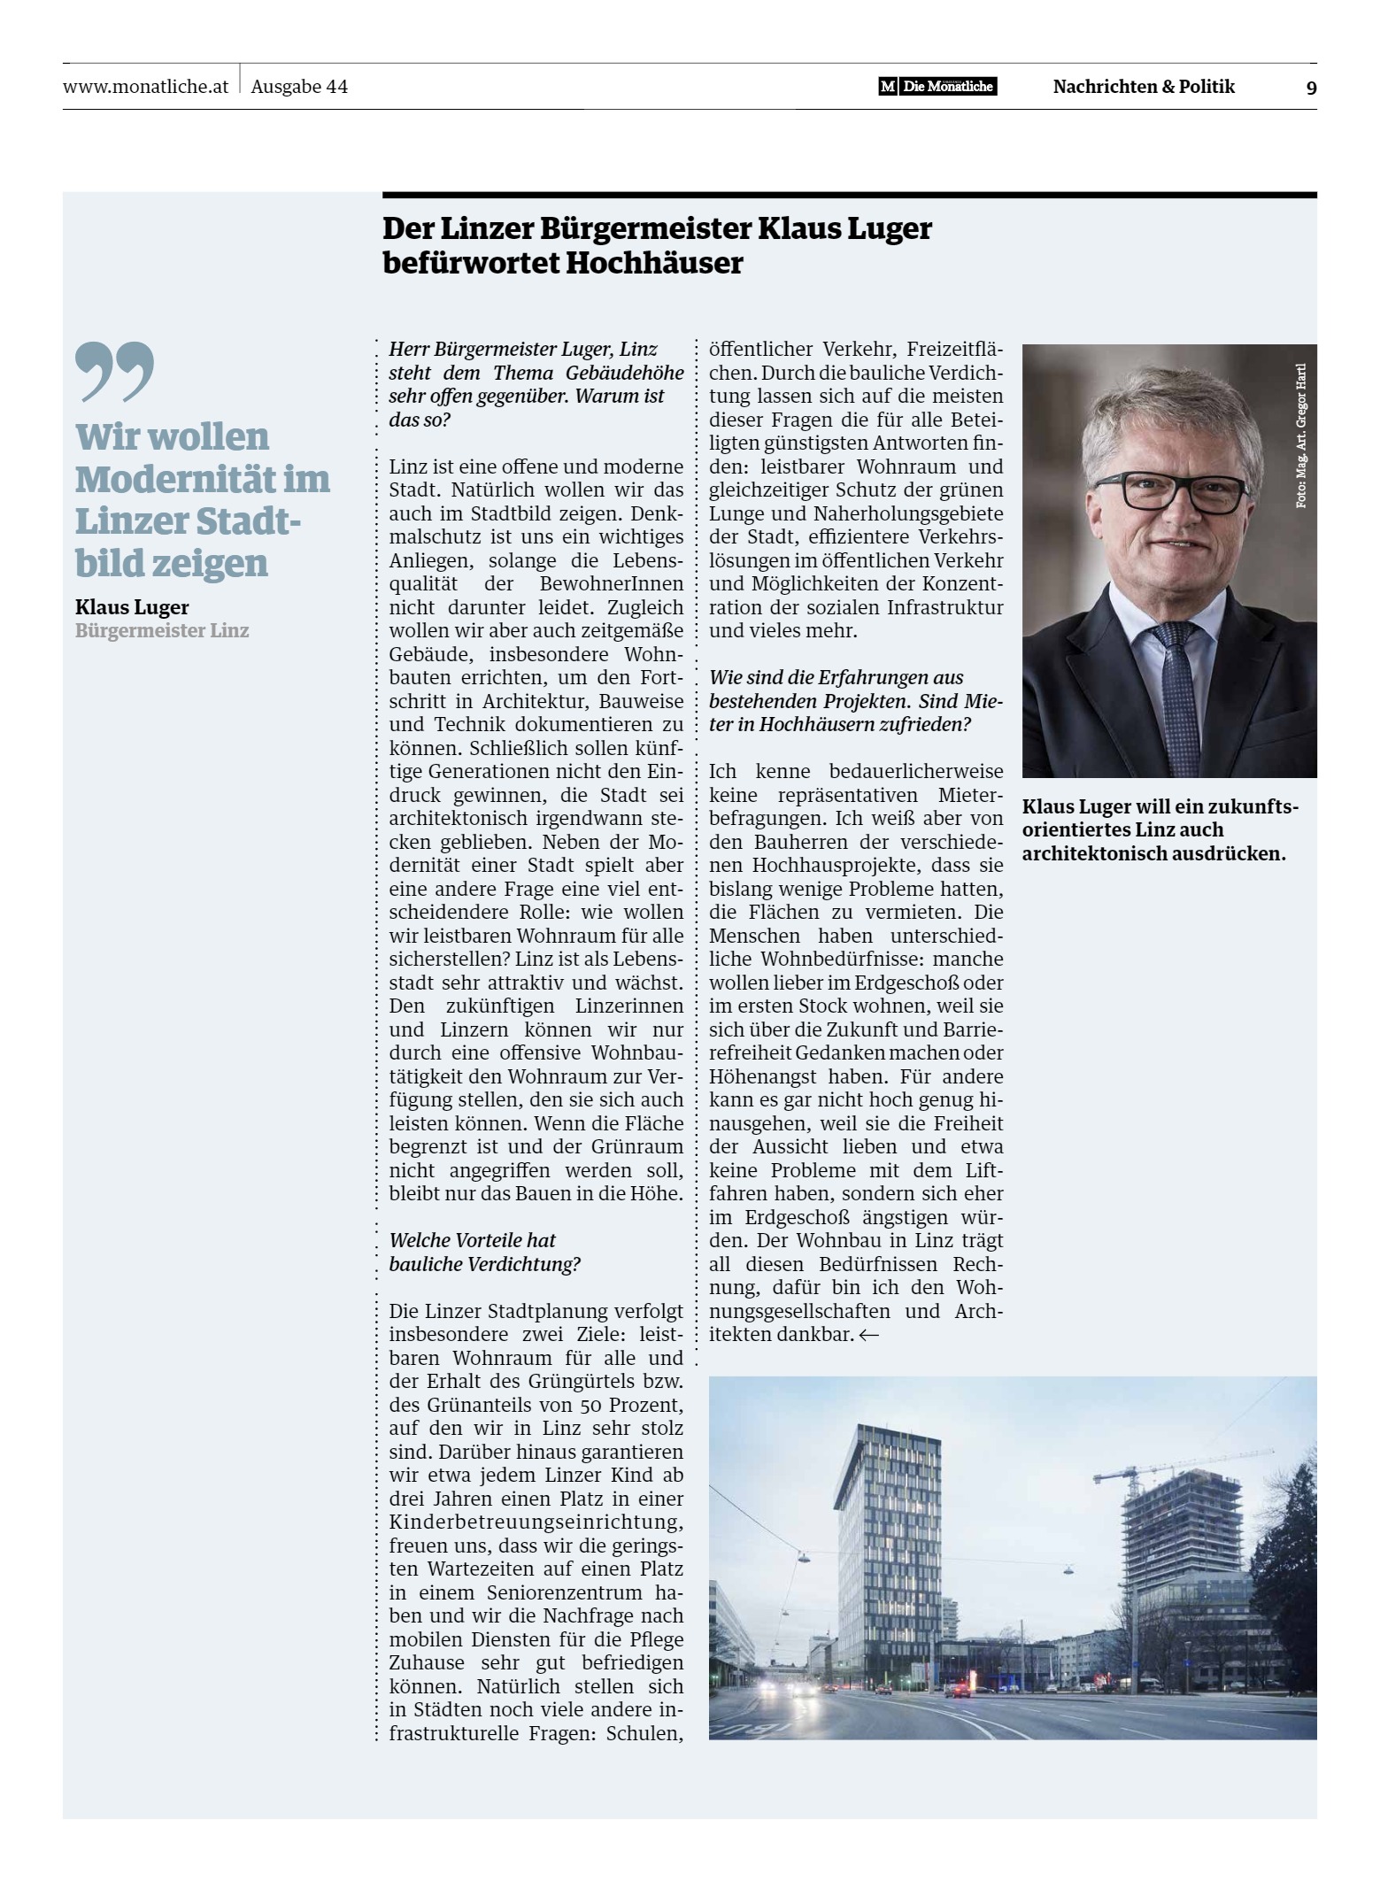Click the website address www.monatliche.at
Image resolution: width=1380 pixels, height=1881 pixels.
[146, 87]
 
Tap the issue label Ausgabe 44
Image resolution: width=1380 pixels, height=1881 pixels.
[299, 87]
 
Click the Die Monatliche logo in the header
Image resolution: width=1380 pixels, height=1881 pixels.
[937, 87]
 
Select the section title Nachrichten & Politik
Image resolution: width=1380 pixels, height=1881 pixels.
[1144, 87]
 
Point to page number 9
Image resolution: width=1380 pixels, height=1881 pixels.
[1311, 88]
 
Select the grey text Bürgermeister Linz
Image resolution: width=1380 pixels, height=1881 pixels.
[162, 631]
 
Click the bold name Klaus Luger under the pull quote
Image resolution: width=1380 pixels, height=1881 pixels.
[132, 607]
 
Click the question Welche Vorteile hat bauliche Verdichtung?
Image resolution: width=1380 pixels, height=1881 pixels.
[484, 1252]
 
